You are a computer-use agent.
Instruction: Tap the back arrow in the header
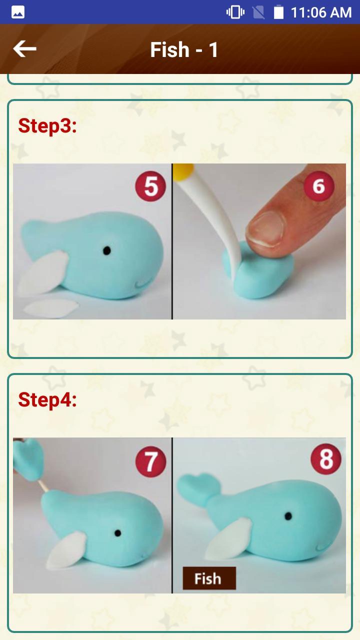(x=24, y=49)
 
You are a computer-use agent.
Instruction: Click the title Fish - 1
(x=184, y=50)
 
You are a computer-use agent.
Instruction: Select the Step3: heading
(x=47, y=125)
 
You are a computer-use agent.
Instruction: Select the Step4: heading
(x=47, y=399)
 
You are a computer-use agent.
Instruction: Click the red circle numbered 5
(x=150, y=186)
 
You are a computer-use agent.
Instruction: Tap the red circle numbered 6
(x=318, y=186)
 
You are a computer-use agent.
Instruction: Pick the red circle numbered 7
(x=150, y=461)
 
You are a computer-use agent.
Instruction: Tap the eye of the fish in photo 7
(x=117, y=533)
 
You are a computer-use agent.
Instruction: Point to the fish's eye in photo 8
(x=288, y=515)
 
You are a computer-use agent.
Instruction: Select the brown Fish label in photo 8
(x=208, y=578)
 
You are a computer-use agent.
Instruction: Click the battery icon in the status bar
(x=278, y=12)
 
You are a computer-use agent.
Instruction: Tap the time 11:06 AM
(x=321, y=12)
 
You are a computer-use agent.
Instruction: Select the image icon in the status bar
(x=18, y=12)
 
